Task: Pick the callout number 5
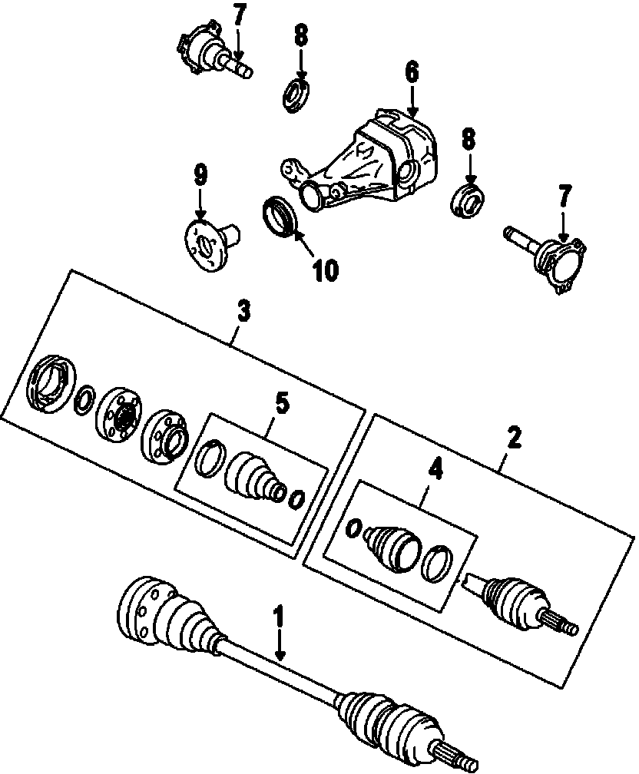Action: pos(282,403)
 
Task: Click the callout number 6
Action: pos(412,73)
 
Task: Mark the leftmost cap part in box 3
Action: pos(49,383)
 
